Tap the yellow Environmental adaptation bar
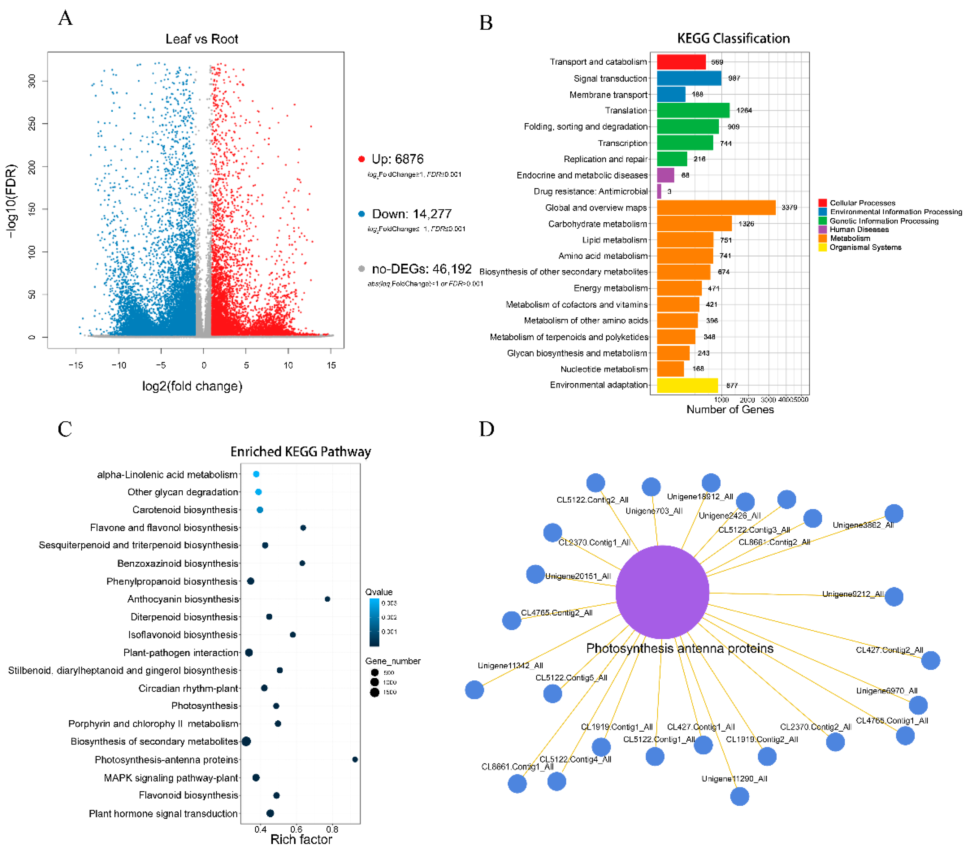click(687, 385)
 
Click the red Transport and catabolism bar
click(681, 62)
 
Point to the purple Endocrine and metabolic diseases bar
click(665, 175)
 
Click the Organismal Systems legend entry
click(865, 248)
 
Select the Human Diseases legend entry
click(859, 229)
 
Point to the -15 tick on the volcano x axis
click(76, 365)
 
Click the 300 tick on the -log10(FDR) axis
click(32, 81)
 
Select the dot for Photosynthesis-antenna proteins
click(355, 759)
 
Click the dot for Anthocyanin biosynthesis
click(327, 599)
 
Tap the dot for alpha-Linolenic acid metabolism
click(256, 474)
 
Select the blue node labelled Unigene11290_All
click(739, 796)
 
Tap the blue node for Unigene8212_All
click(894, 596)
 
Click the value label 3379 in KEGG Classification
click(789, 208)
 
